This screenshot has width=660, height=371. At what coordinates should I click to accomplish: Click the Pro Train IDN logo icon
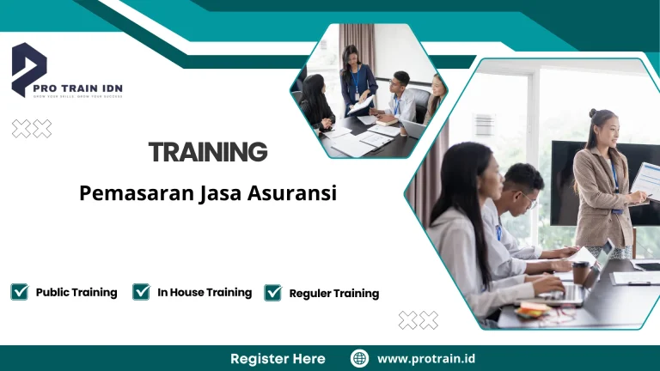tap(28, 69)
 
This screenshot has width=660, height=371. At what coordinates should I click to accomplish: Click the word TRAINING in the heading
tap(208, 153)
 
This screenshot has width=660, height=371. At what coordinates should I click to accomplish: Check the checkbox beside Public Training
tap(20, 292)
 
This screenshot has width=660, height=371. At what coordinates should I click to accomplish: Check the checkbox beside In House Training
tap(142, 292)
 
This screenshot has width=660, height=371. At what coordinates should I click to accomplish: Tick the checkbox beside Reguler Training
tap(273, 293)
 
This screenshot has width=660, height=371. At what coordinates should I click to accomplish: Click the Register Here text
tap(278, 358)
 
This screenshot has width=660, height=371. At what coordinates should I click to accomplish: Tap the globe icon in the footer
tap(359, 358)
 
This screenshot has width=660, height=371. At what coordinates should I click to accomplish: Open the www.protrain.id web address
tap(426, 358)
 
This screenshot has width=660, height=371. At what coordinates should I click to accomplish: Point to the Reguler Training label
tap(334, 294)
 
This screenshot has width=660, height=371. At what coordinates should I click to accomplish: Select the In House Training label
tap(205, 292)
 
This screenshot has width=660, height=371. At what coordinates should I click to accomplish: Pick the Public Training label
tap(76, 292)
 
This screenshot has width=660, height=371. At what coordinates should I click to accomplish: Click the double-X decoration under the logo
tap(32, 129)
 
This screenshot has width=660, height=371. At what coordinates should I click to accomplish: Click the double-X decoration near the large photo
tap(419, 320)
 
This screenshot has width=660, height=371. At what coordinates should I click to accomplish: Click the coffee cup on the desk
tap(582, 271)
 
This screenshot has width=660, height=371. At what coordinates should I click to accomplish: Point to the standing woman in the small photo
tap(357, 77)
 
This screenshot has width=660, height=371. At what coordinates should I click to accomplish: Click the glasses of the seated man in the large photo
tap(527, 199)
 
